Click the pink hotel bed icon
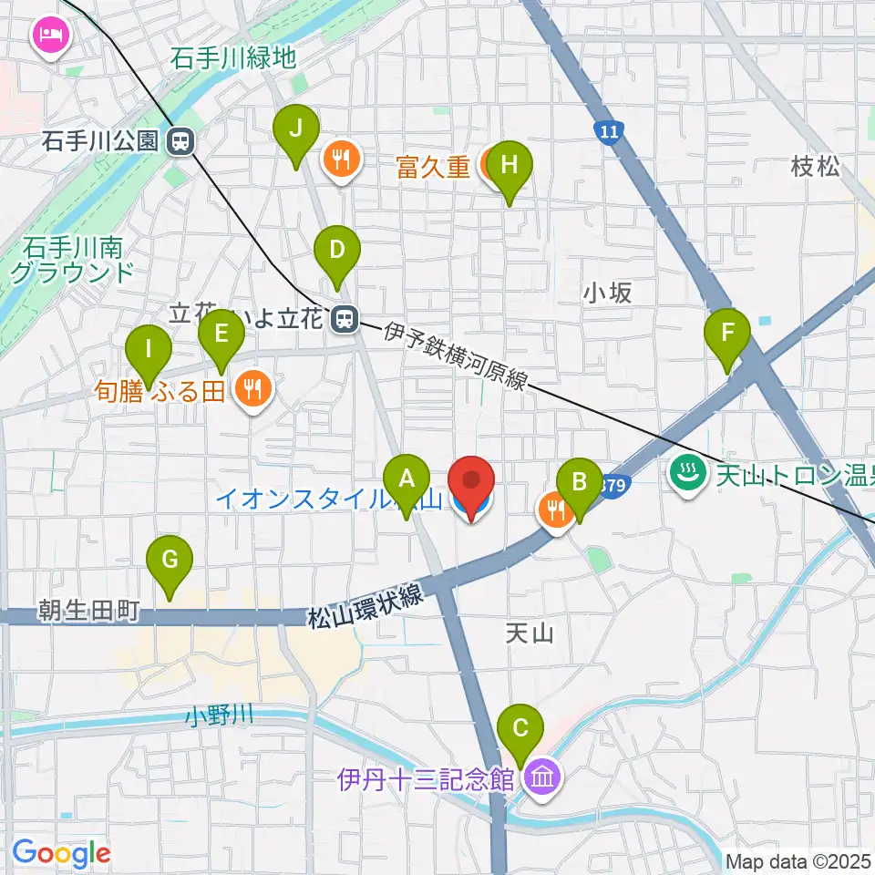click(x=47, y=36)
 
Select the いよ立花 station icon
click(x=345, y=319)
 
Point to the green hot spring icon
click(x=683, y=472)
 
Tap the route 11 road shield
click(x=609, y=133)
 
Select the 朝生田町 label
click(x=88, y=610)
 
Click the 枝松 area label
click(x=816, y=167)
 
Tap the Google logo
click(x=62, y=854)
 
